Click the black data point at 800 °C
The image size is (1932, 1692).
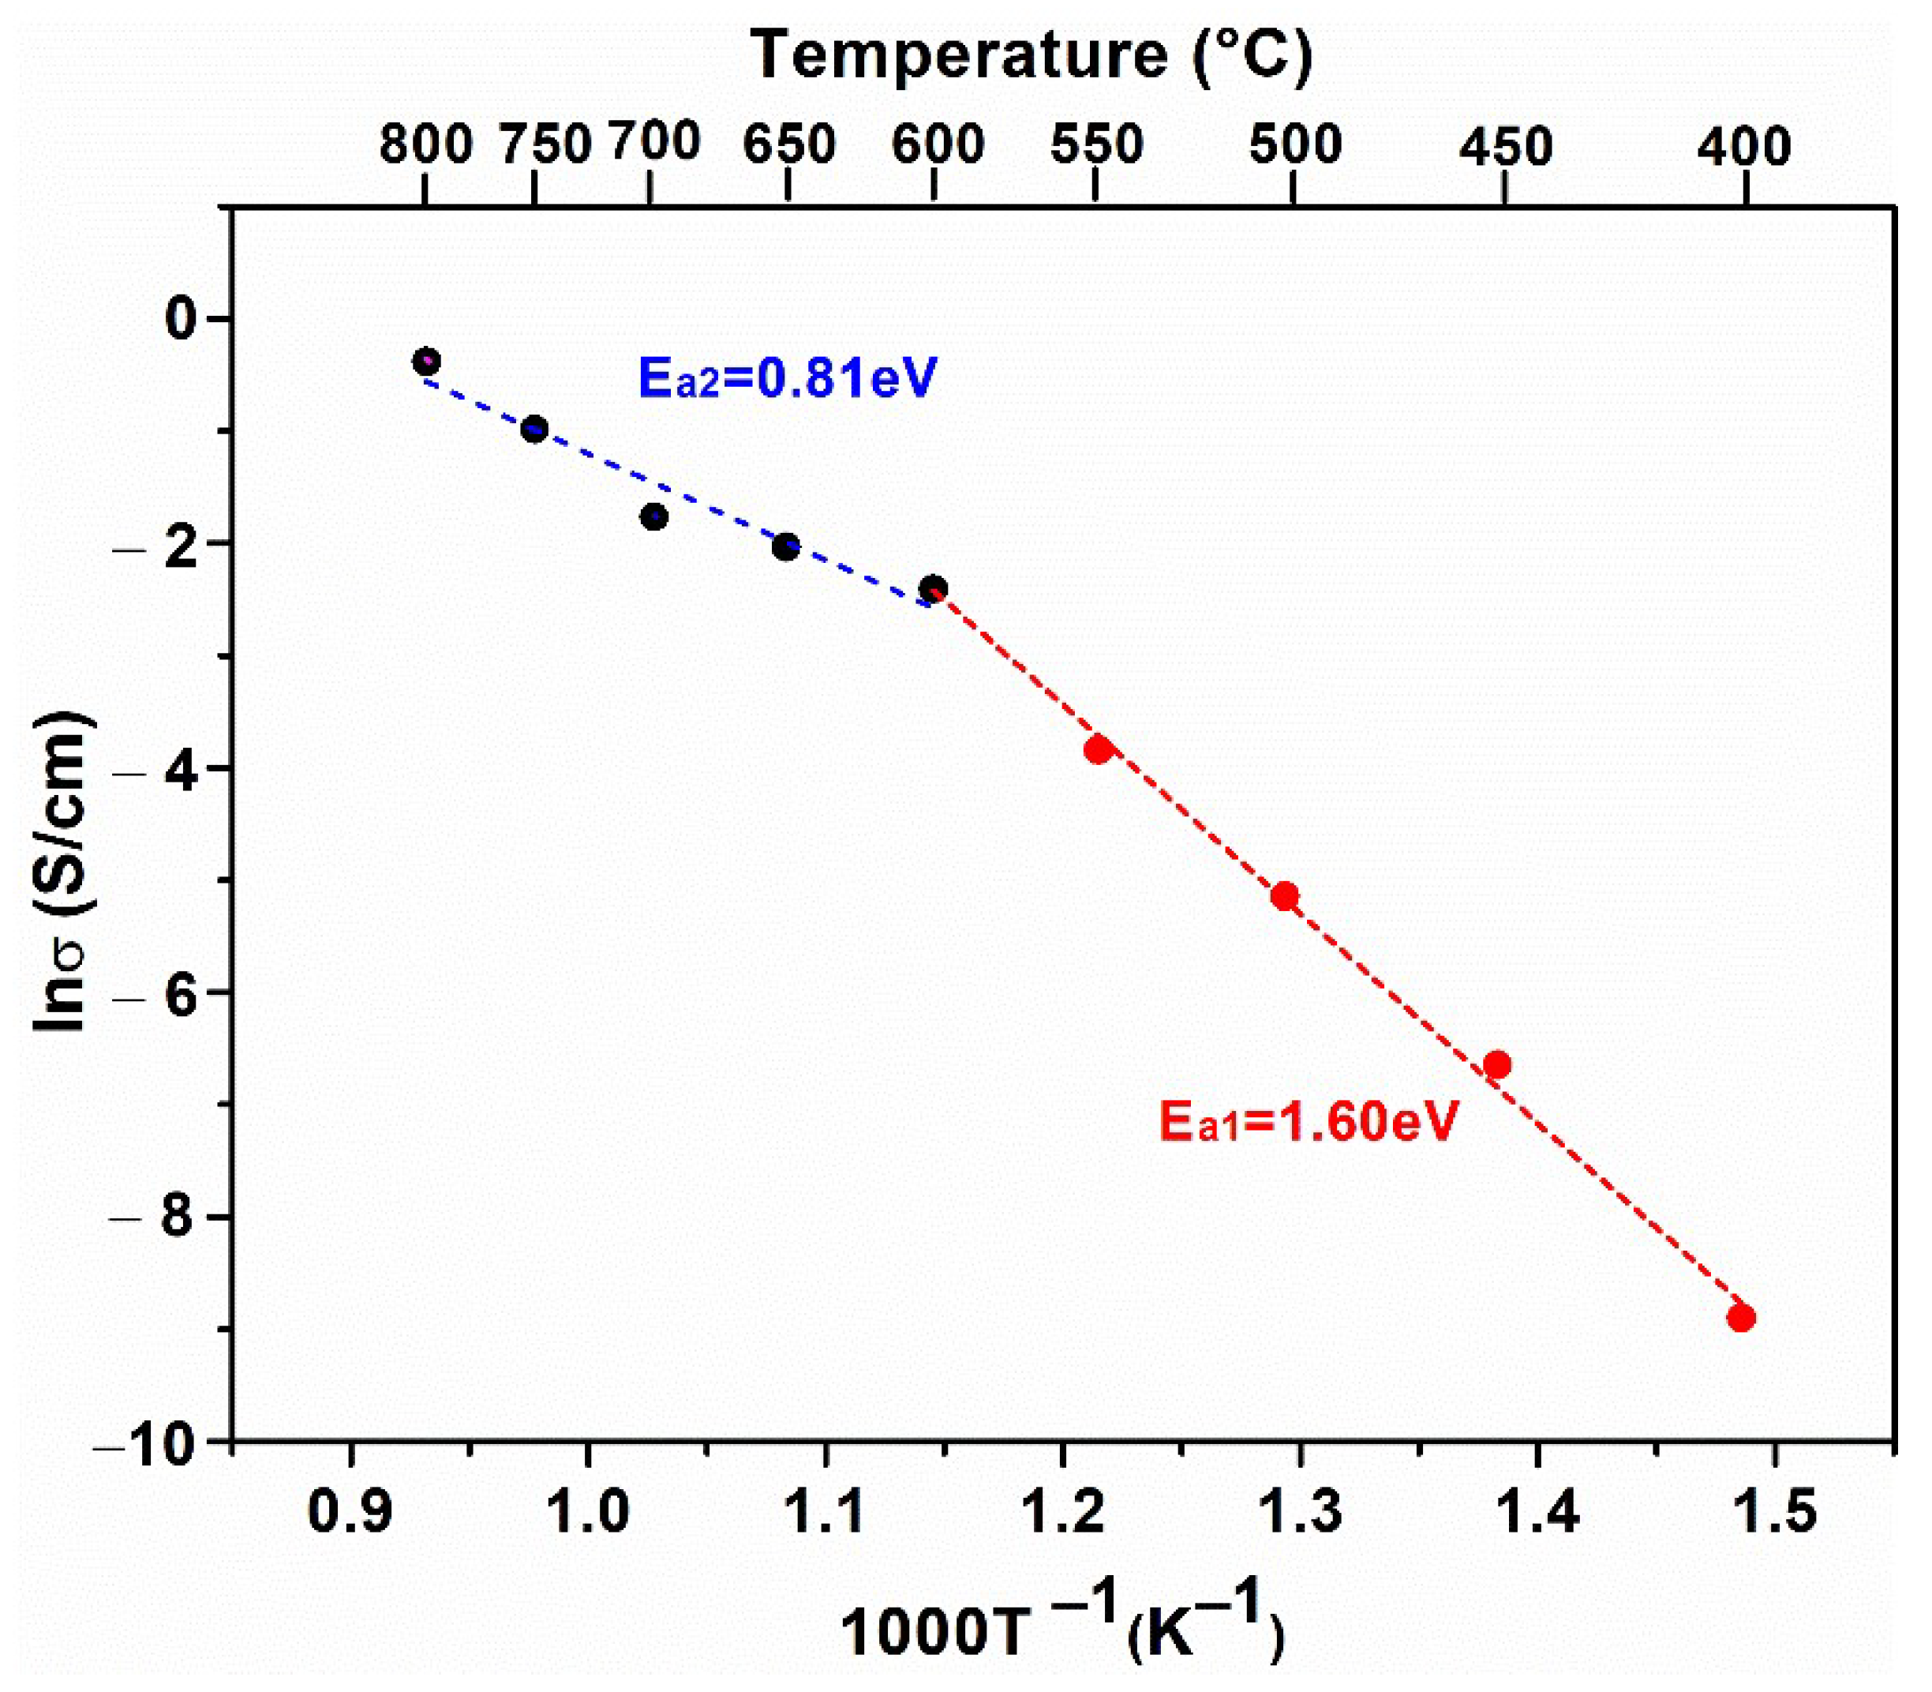tap(427, 361)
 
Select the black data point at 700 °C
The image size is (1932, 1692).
tap(654, 516)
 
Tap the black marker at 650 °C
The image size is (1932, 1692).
tap(785, 546)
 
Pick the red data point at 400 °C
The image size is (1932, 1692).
tap(1741, 1318)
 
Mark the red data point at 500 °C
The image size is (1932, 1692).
tap(1285, 896)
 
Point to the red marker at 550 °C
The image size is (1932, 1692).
tap(1098, 751)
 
